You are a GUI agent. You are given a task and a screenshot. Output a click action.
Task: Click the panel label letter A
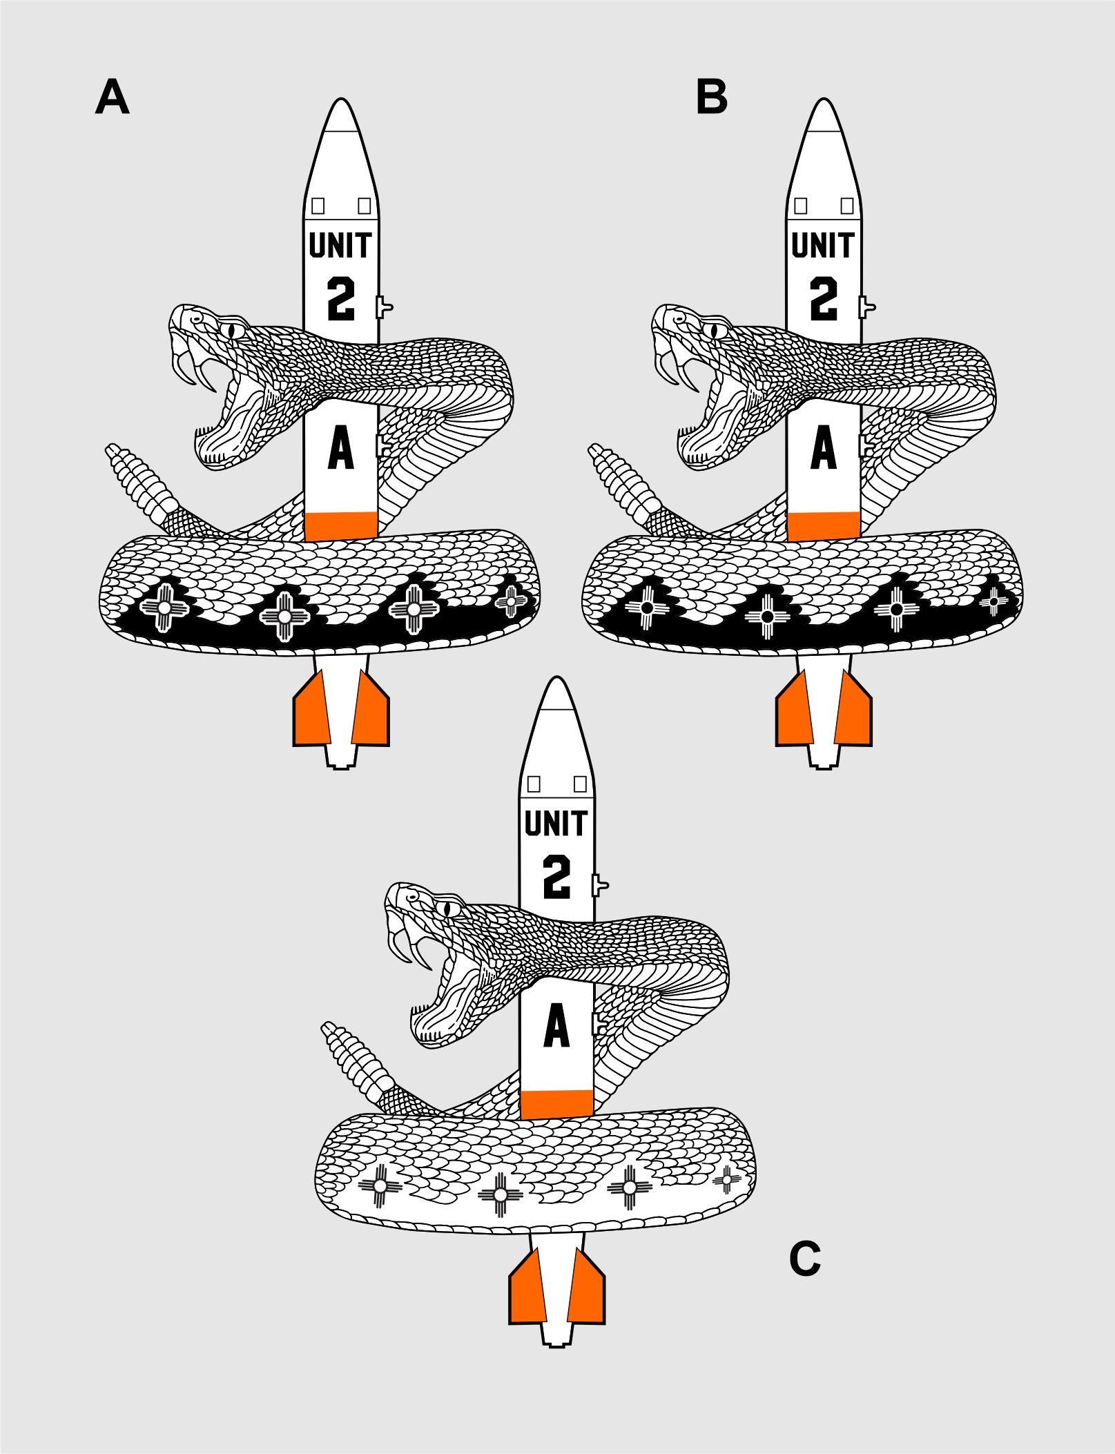112,97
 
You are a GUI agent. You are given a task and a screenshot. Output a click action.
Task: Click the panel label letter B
712,97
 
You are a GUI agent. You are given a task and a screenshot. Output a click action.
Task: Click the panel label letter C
805,1259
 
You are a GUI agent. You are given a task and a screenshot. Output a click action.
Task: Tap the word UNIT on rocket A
340,245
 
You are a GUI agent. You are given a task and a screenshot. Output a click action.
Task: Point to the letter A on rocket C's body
556,1026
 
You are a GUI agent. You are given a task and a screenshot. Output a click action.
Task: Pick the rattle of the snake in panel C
355,1060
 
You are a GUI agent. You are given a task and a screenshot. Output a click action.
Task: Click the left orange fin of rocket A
312,710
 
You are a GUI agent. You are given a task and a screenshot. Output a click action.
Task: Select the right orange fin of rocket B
853,710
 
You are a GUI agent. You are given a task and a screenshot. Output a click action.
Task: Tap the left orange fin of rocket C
528,1288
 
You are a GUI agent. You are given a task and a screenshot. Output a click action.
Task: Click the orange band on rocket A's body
341,526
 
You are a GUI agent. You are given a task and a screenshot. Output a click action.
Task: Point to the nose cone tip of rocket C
556,678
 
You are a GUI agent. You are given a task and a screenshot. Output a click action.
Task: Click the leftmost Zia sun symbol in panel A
164,608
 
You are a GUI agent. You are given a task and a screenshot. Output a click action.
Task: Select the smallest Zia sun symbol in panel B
993,602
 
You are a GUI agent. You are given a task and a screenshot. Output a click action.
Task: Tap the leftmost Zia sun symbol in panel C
380,1185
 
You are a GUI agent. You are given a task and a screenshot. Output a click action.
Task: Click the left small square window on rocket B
801,206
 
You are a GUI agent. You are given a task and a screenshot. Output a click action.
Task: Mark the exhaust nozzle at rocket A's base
341,757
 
